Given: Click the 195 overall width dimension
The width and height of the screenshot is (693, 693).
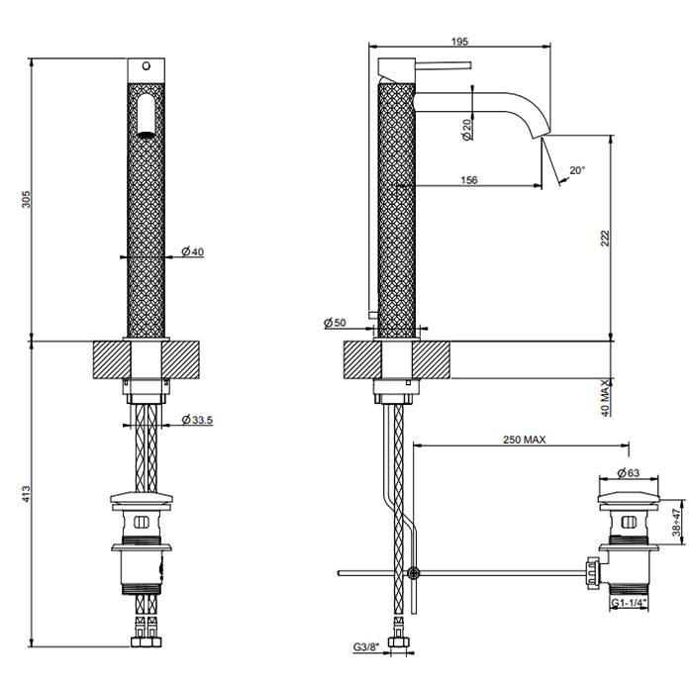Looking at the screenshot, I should pyautogui.click(x=458, y=41).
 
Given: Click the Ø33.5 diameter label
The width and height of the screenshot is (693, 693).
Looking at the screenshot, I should pyautogui.click(x=198, y=421).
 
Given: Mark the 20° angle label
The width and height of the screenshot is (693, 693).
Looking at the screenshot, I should pyautogui.click(x=577, y=170).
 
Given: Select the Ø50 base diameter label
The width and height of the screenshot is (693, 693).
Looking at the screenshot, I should pyautogui.click(x=334, y=323).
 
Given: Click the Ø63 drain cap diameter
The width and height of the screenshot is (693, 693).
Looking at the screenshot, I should pyautogui.click(x=628, y=472).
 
